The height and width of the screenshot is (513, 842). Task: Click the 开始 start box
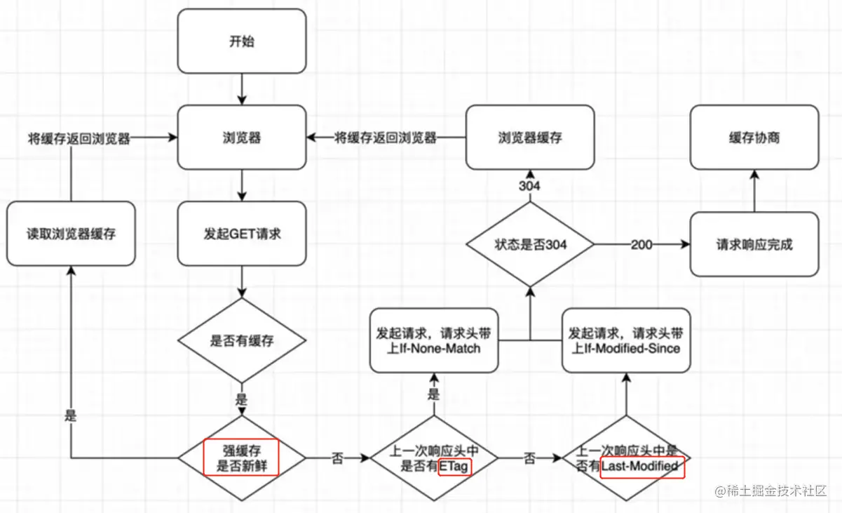(x=242, y=41)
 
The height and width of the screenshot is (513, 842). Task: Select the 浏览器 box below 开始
(x=242, y=138)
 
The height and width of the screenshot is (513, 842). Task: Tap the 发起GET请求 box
(x=242, y=234)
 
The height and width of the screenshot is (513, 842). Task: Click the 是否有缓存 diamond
(x=242, y=340)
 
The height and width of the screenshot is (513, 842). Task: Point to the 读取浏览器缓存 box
(x=71, y=234)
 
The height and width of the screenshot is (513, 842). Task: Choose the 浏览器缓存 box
(x=530, y=138)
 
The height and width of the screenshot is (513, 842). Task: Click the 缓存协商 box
(x=754, y=138)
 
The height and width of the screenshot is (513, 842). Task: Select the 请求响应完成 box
(x=754, y=244)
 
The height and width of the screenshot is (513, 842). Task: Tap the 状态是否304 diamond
(x=530, y=244)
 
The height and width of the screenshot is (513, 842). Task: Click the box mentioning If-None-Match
(x=434, y=340)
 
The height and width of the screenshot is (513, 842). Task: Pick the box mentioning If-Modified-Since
(x=626, y=340)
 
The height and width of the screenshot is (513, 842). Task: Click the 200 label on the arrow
(x=641, y=245)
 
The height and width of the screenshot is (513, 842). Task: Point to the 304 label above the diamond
(x=529, y=186)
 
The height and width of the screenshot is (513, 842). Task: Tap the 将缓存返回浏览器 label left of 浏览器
(x=79, y=138)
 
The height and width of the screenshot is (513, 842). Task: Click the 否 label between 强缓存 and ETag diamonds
(x=337, y=458)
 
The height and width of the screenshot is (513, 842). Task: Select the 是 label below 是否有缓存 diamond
(x=241, y=399)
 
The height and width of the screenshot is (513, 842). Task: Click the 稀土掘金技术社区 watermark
(x=770, y=491)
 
